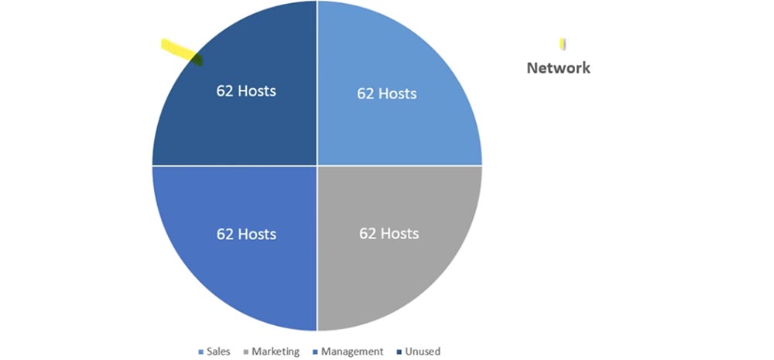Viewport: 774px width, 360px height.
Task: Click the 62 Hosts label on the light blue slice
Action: point(386,94)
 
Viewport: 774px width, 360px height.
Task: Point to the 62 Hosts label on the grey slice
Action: point(389,233)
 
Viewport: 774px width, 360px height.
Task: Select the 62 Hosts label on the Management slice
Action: point(246,234)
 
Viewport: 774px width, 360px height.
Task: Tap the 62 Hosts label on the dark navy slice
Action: point(245,91)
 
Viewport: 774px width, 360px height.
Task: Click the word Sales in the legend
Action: point(218,351)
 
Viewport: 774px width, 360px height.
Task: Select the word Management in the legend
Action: point(352,351)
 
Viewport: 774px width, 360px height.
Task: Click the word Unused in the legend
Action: point(422,351)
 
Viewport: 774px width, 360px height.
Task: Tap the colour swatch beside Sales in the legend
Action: point(203,352)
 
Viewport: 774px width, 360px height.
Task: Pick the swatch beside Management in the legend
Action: point(314,352)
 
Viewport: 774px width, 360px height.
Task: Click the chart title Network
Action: point(558,68)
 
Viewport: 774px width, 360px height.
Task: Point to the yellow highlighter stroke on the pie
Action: point(180,52)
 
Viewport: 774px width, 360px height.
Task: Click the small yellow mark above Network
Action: point(563,43)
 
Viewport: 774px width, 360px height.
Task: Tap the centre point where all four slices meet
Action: point(317,165)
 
